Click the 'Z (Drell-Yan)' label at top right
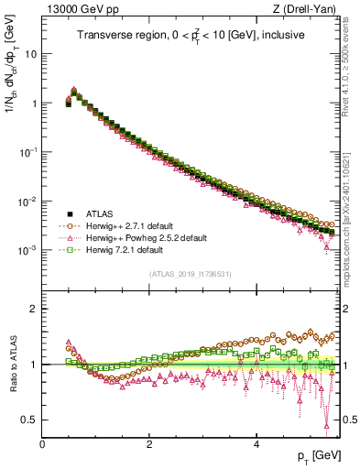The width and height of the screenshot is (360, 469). coord(309,10)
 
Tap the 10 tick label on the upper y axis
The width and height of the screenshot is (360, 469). coord(30,53)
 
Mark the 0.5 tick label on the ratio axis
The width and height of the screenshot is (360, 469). coord(29,420)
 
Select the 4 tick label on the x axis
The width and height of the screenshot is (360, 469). coord(256,443)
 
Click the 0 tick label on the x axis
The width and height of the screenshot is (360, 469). coord(42,443)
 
